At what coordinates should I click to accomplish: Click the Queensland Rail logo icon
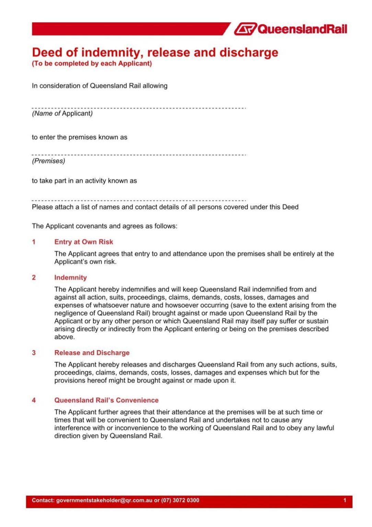[245, 29]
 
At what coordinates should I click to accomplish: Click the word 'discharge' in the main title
[249, 52]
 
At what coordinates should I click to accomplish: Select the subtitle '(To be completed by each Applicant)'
[92, 63]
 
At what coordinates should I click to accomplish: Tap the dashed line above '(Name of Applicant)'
[139, 108]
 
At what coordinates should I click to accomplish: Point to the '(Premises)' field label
[48, 161]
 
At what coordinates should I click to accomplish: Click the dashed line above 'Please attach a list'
[139, 200]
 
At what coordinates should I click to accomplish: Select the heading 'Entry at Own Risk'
[83, 242]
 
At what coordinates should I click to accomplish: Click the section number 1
[34, 242]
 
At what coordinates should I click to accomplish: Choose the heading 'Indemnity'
[70, 278]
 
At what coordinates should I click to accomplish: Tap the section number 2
[34, 278]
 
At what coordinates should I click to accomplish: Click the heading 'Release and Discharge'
[92, 353]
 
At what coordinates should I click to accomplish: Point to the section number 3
[34, 353]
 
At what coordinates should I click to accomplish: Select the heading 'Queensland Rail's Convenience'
[106, 400]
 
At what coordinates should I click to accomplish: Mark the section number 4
[34, 400]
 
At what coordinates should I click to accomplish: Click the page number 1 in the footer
[345, 500]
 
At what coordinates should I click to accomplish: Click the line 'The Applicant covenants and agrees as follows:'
[105, 226]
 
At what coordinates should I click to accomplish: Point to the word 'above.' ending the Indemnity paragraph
[65, 337]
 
